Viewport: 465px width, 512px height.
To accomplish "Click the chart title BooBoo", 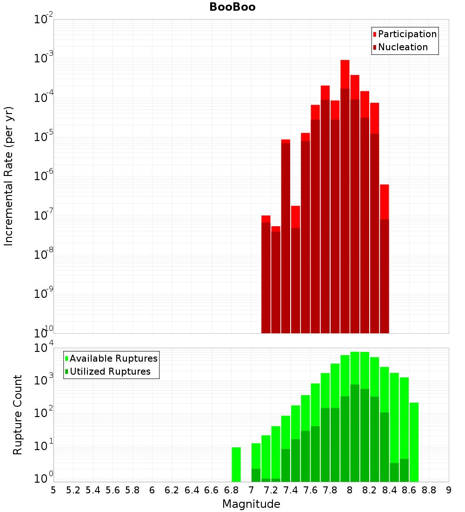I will pyautogui.click(x=232, y=7).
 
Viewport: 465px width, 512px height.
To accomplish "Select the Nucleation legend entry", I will pyautogui.click(x=403, y=47).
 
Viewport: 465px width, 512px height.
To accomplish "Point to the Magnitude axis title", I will pyautogui.click(x=251, y=504).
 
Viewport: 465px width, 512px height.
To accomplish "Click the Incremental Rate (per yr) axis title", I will pyautogui.click(x=9, y=176).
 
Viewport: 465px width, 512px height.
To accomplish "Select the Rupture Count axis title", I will pyautogui.click(x=18, y=414).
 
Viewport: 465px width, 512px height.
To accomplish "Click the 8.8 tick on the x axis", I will pyautogui.click(x=429, y=490).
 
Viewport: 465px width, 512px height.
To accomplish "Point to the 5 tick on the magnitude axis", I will pyautogui.click(x=53, y=490).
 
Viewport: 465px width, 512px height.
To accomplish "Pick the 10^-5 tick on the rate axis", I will pyautogui.click(x=43, y=137).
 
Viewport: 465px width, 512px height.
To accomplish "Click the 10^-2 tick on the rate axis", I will pyautogui.click(x=43, y=20).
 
